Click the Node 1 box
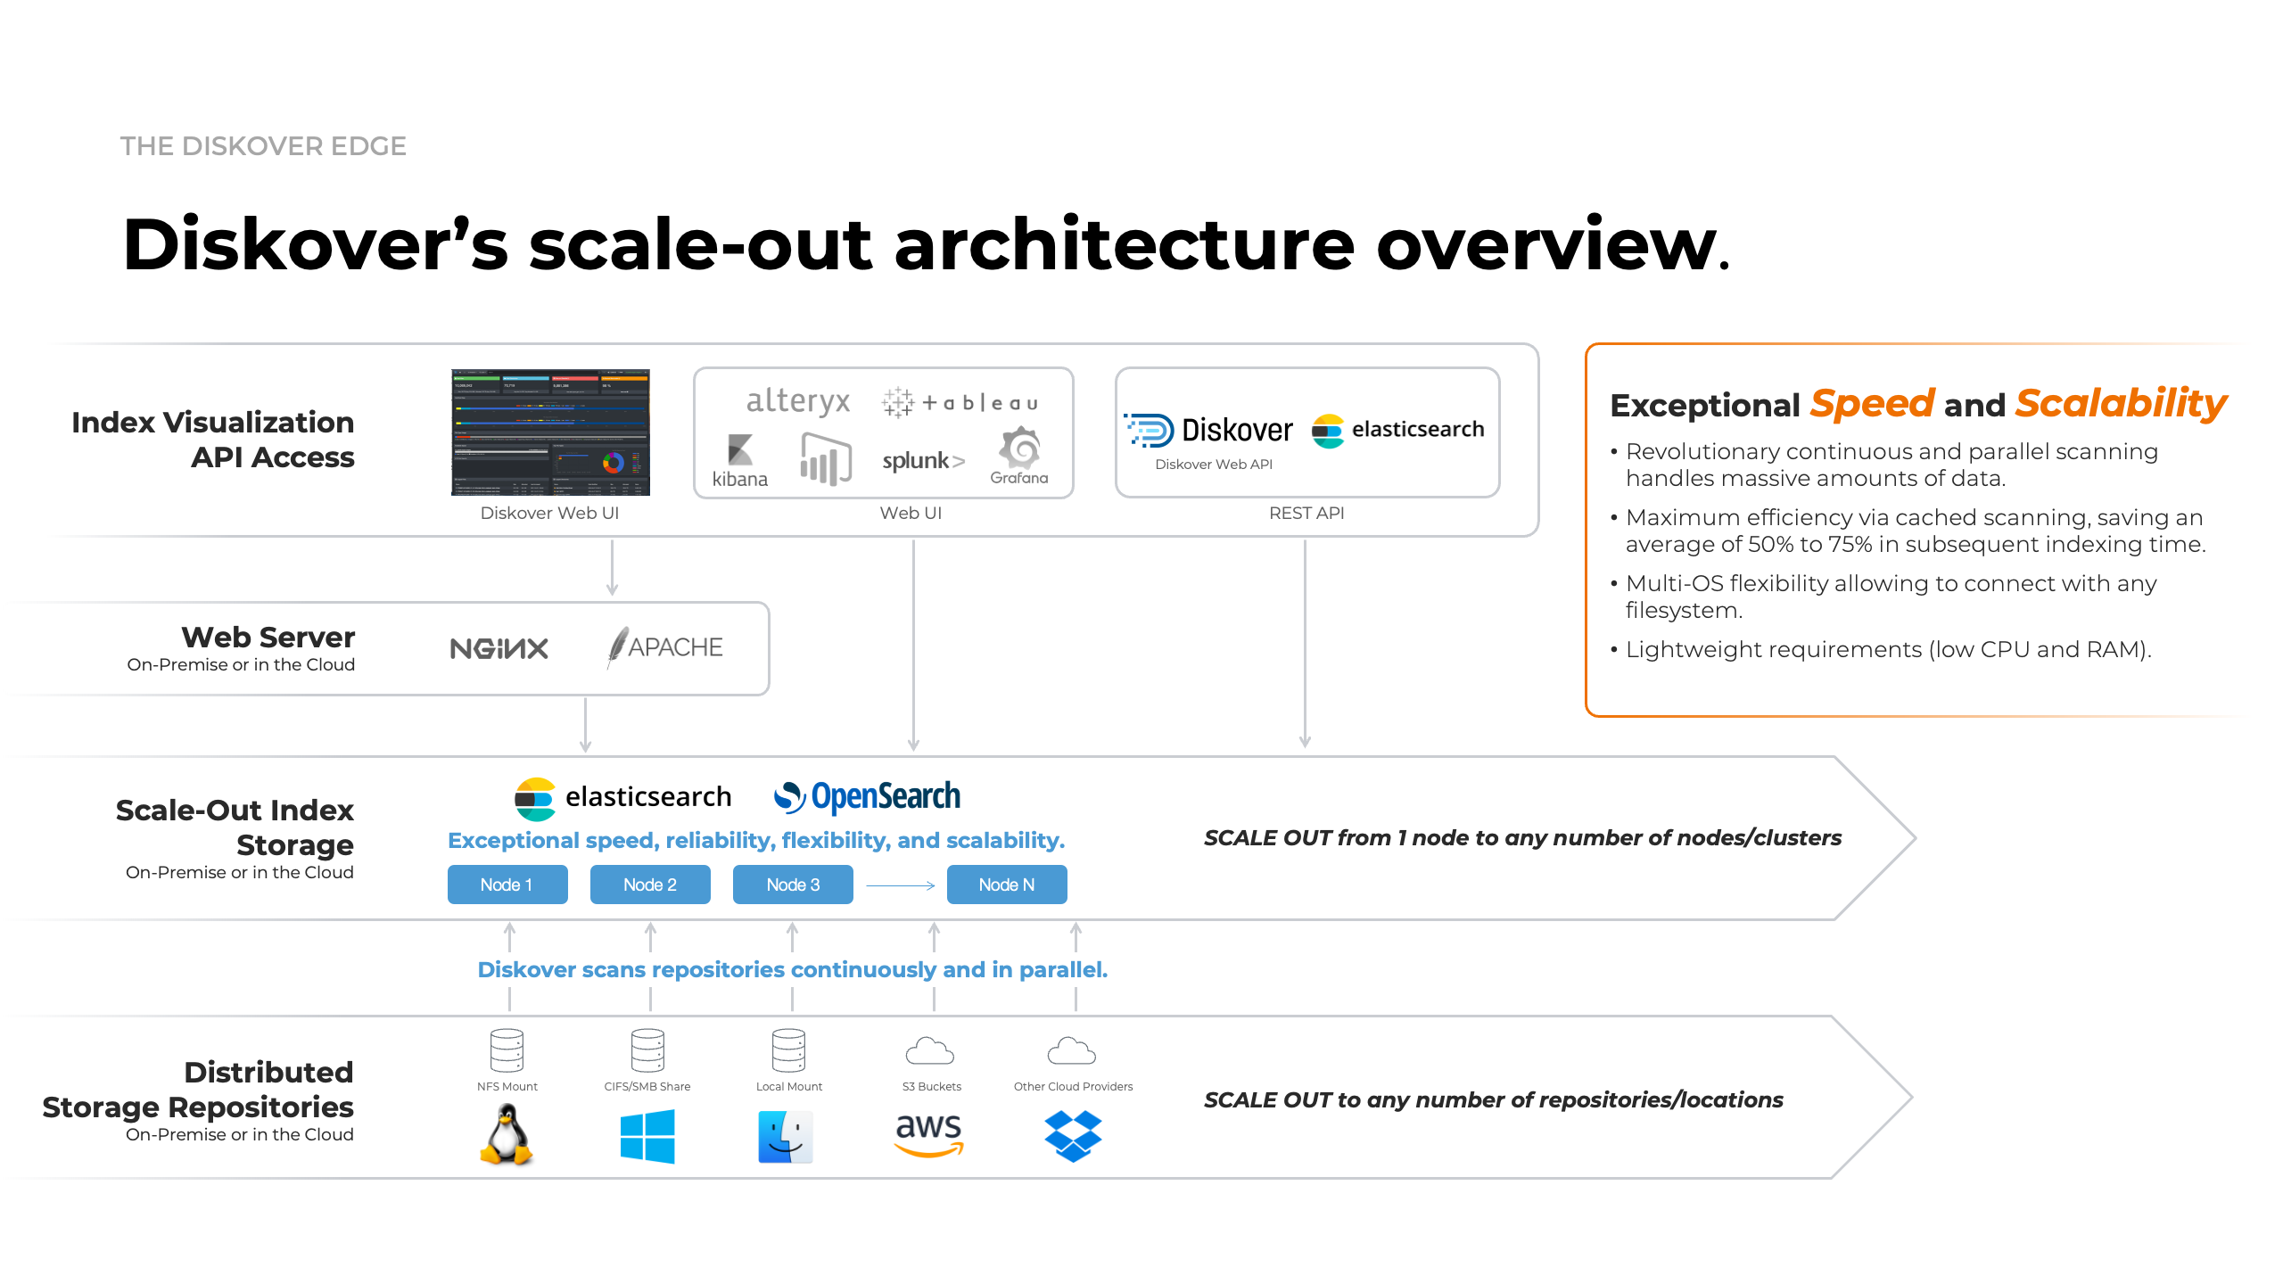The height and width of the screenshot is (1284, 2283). (507, 885)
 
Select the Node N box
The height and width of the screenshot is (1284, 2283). (1006, 885)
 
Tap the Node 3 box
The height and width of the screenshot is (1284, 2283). (792, 885)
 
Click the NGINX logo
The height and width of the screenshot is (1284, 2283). (499, 648)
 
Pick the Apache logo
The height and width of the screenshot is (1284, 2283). (665, 647)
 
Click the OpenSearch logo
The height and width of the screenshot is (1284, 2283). (867, 796)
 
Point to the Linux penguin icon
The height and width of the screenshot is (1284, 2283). (507, 1134)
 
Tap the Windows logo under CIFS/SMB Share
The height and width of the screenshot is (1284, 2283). (647, 1136)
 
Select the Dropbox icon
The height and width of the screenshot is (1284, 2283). (1073, 1135)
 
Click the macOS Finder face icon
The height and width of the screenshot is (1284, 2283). (786, 1136)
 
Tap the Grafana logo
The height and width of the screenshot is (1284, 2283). (1019, 455)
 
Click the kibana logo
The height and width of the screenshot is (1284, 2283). (740, 460)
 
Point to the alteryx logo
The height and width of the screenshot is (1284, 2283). (798, 401)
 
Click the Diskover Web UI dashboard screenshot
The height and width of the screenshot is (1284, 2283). (550, 432)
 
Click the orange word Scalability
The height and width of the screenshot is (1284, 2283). (2121, 403)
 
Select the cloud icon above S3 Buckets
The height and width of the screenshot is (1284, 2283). (930, 1051)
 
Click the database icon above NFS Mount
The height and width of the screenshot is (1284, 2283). (507, 1049)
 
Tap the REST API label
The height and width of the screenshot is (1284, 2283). (1306, 513)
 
